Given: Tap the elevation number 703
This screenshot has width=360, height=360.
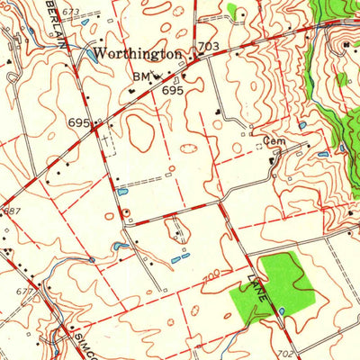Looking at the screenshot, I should point(208,47).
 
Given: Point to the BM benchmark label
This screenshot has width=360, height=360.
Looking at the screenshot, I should point(140,77).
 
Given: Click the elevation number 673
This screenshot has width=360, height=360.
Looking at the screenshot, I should point(71,12).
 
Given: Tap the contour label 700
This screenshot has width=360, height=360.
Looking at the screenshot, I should point(212,273).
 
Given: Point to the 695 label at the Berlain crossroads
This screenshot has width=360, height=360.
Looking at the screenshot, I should point(77,121).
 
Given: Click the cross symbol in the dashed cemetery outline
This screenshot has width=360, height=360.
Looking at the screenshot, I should point(107,139).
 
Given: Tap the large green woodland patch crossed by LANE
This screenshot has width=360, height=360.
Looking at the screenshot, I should point(270,283).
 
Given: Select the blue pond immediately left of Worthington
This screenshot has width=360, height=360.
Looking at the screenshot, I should point(90,55).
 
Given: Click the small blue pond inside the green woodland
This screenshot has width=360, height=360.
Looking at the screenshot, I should point(282,311).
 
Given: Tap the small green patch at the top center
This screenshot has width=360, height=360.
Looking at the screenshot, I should point(235,12).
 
